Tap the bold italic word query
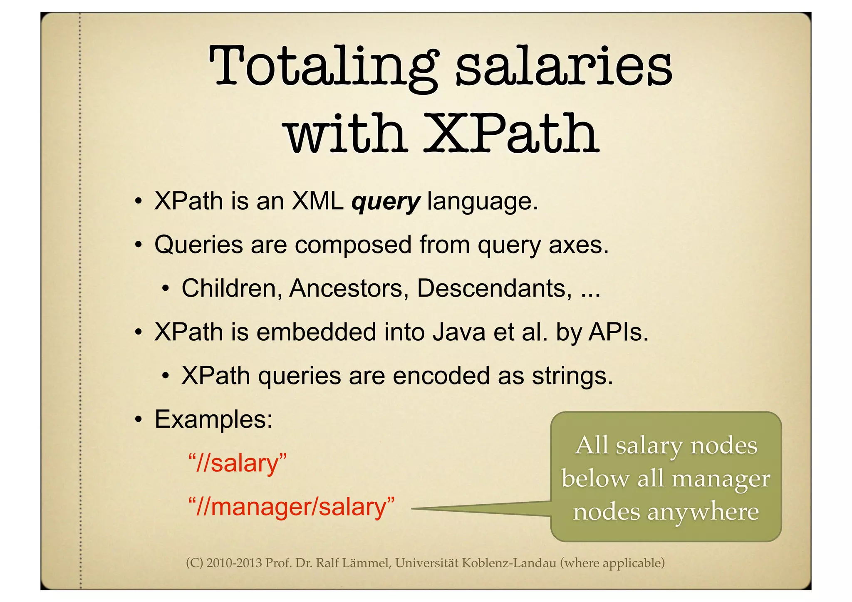coord(386,203)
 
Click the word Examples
coord(213,419)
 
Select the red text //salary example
coord(238,463)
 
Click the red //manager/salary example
coord(291,507)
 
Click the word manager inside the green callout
coord(721,478)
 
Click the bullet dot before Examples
coord(139,419)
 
